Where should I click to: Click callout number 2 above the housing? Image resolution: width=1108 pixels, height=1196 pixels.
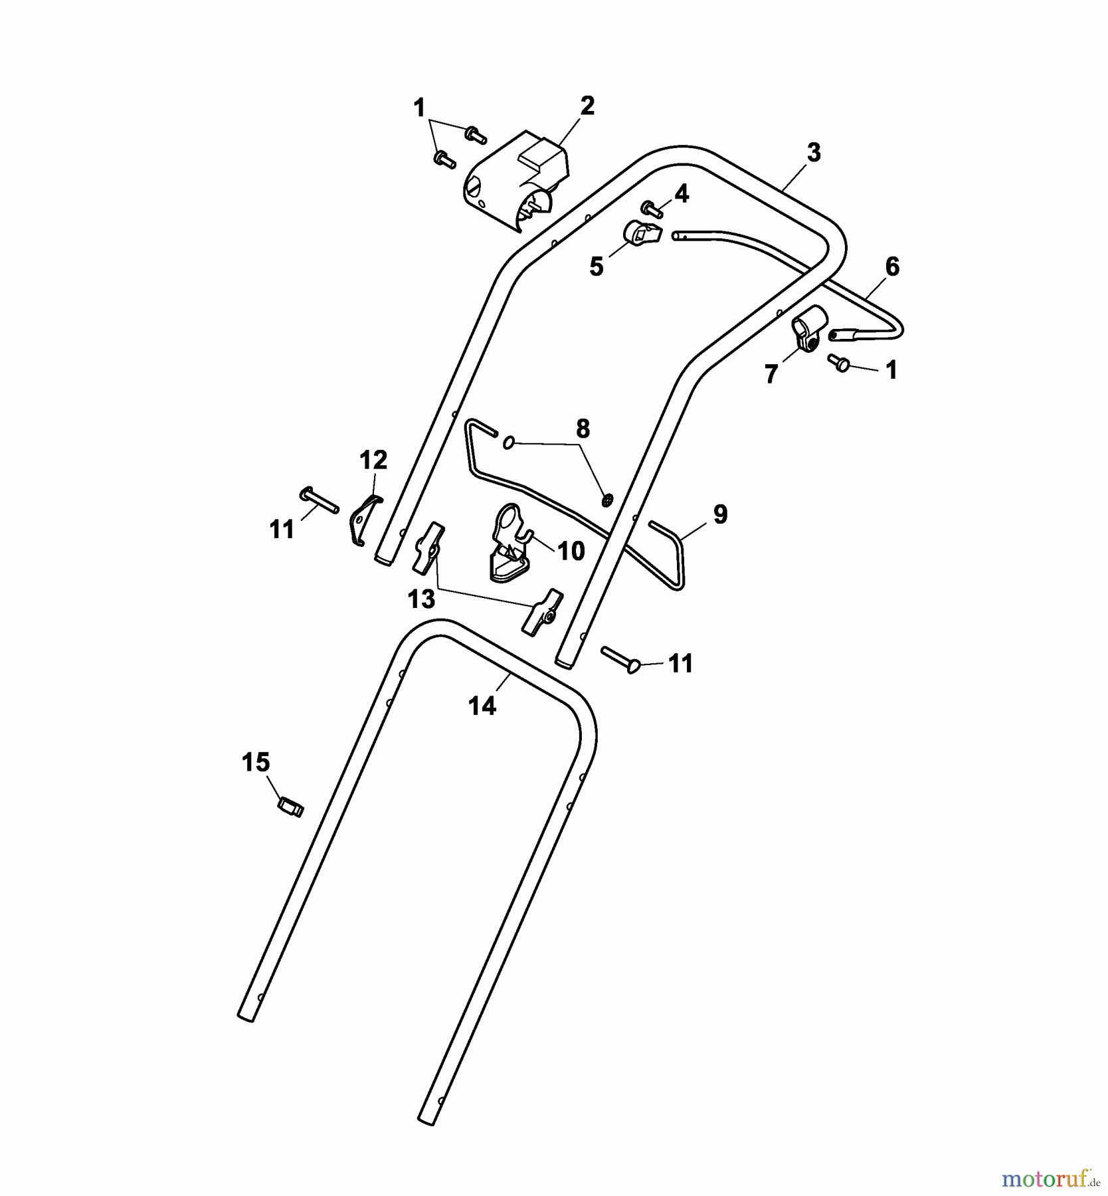coord(587,106)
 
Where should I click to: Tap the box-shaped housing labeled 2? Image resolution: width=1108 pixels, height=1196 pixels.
coord(516,181)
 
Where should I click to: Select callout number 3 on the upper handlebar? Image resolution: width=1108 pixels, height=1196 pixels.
coord(814,153)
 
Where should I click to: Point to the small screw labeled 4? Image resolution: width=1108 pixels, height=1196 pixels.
coord(651,209)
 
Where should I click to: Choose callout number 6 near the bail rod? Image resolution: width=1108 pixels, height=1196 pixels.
coord(892,267)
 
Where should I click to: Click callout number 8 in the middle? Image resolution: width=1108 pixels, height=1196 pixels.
coord(583,429)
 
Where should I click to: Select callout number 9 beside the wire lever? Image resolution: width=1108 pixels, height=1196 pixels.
coord(720,514)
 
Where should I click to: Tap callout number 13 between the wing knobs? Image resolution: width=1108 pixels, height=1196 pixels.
coord(421,599)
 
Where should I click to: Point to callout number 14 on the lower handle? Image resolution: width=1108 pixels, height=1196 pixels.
coord(482,706)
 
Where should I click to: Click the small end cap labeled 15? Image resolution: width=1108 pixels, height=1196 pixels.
coord(290,808)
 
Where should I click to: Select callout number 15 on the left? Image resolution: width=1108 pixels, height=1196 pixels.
coord(256,763)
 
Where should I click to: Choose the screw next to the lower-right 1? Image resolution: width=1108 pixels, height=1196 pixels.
coord(839,363)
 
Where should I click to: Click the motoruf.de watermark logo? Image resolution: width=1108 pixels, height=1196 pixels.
coord(1049,1179)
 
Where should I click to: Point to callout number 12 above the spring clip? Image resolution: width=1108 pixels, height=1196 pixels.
coord(373,460)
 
